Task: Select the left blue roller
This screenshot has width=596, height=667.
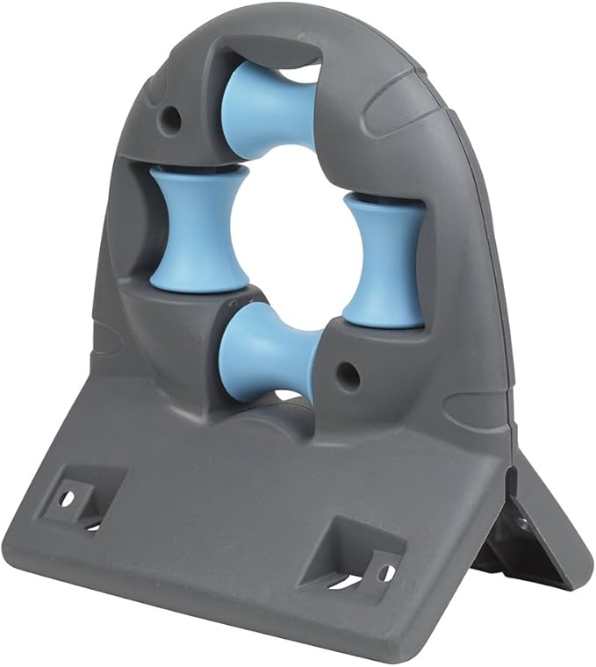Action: (191, 230)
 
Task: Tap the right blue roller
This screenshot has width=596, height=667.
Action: (384, 261)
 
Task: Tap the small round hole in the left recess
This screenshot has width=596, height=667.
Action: (67, 498)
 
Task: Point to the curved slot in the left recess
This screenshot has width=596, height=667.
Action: (93, 526)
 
